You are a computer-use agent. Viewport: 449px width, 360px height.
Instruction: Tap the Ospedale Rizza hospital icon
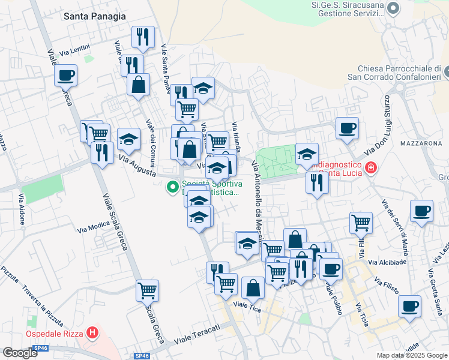pyautogui.click(x=92, y=332)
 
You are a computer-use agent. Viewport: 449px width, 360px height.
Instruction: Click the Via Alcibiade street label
pyautogui.click(x=387, y=262)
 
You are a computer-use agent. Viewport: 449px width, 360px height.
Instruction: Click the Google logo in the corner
pyautogui.click(x=20, y=353)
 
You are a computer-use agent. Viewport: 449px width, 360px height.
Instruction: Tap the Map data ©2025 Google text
pyautogui.click(x=411, y=355)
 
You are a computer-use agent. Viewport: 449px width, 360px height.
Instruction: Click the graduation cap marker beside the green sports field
pyautogui.click(x=307, y=155)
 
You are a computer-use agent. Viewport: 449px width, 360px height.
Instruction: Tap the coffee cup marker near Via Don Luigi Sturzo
pyautogui.click(x=347, y=128)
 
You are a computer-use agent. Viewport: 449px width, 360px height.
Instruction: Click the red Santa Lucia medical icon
pyautogui.click(x=371, y=166)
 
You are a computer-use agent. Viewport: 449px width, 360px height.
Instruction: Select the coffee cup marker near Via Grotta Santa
pyautogui.click(x=409, y=306)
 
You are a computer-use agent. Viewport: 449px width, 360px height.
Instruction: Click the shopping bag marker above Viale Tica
pyautogui.click(x=253, y=288)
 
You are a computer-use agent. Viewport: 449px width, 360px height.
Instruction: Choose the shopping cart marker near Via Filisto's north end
pyautogui.click(x=361, y=223)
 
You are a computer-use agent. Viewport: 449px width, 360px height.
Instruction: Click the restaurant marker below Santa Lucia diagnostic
pyautogui.click(x=317, y=183)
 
